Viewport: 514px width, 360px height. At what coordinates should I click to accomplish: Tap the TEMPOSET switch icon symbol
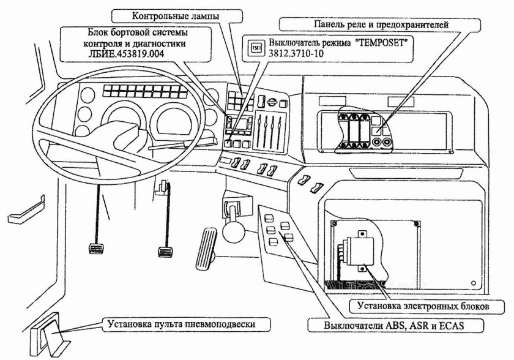point(257,45)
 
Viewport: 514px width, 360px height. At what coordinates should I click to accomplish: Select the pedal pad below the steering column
point(165,251)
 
